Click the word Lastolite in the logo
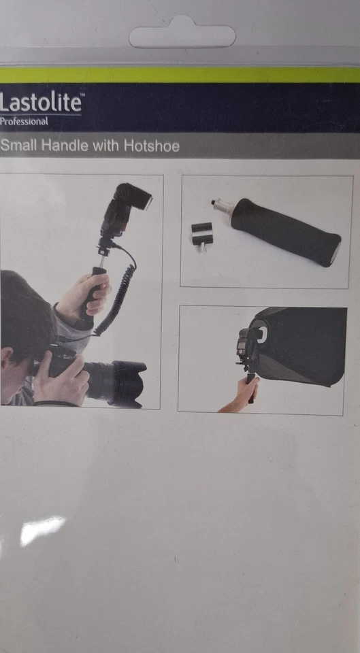point(41,103)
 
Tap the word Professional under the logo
point(24,122)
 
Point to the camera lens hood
point(129,383)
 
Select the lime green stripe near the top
point(180,75)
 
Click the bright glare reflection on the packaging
point(42,529)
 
